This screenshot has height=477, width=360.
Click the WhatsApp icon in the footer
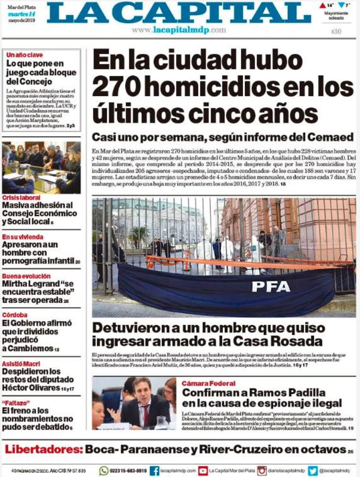(x=104, y=470)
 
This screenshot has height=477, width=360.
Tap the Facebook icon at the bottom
(x=154, y=470)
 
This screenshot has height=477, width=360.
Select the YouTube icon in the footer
(x=203, y=470)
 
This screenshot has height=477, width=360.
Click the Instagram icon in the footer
(x=262, y=470)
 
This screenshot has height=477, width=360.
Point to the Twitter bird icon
(x=313, y=470)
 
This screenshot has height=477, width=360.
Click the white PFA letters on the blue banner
(x=271, y=286)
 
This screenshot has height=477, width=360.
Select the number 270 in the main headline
(x=116, y=87)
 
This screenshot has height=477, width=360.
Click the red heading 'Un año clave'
(x=25, y=55)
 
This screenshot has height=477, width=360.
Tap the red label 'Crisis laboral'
(x=21, y=198)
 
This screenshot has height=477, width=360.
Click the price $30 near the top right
(x=336, y=31)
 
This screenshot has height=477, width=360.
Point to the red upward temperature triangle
(x=322, y=5)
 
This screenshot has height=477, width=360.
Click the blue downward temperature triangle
(x=341, y=5)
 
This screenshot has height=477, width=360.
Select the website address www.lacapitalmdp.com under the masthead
(x=179, y=30)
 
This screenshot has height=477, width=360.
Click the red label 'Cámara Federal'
(x=208, y=383)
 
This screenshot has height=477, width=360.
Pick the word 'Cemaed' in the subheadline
(x=330, y=137)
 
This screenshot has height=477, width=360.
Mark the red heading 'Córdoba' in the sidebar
(x=15, y=315)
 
